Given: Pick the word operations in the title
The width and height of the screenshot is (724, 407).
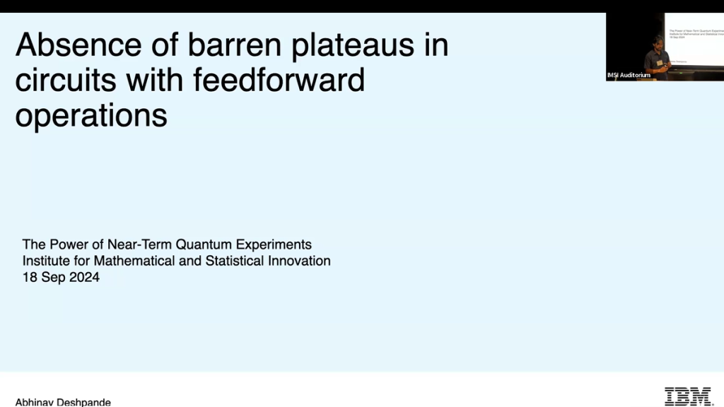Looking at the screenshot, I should coord(91,115).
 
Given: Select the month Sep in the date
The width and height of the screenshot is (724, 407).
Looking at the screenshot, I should coord(54,278).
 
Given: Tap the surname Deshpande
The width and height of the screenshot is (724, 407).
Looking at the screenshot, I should coord(85,402).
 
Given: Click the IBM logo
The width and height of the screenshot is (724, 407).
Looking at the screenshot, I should coord(688,396).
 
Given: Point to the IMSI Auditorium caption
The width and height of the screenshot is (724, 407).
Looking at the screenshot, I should coord(629,75).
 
